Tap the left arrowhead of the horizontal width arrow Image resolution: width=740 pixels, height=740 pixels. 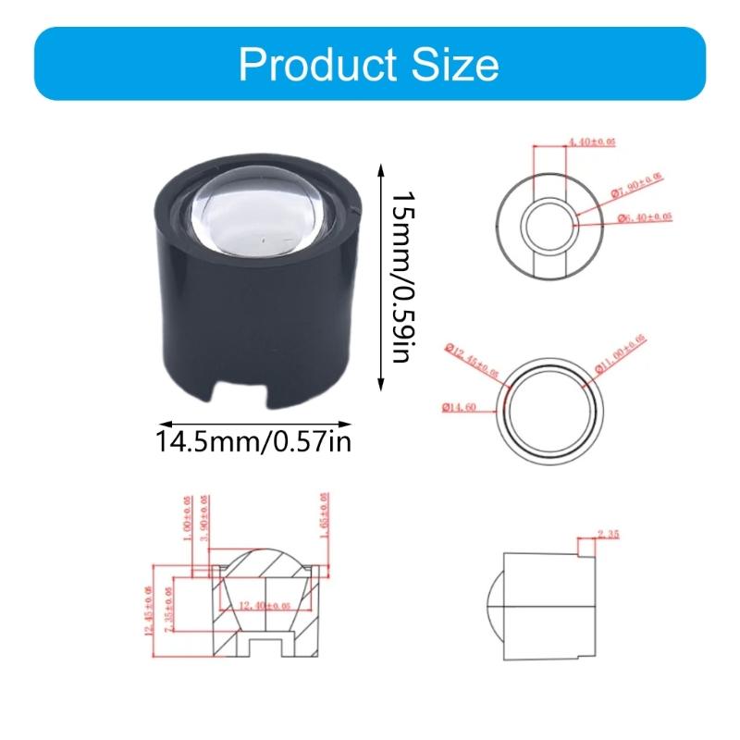point(155,419)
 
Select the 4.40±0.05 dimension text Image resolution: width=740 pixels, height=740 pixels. point(591,141)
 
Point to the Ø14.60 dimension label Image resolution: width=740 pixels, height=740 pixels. point(460,406)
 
